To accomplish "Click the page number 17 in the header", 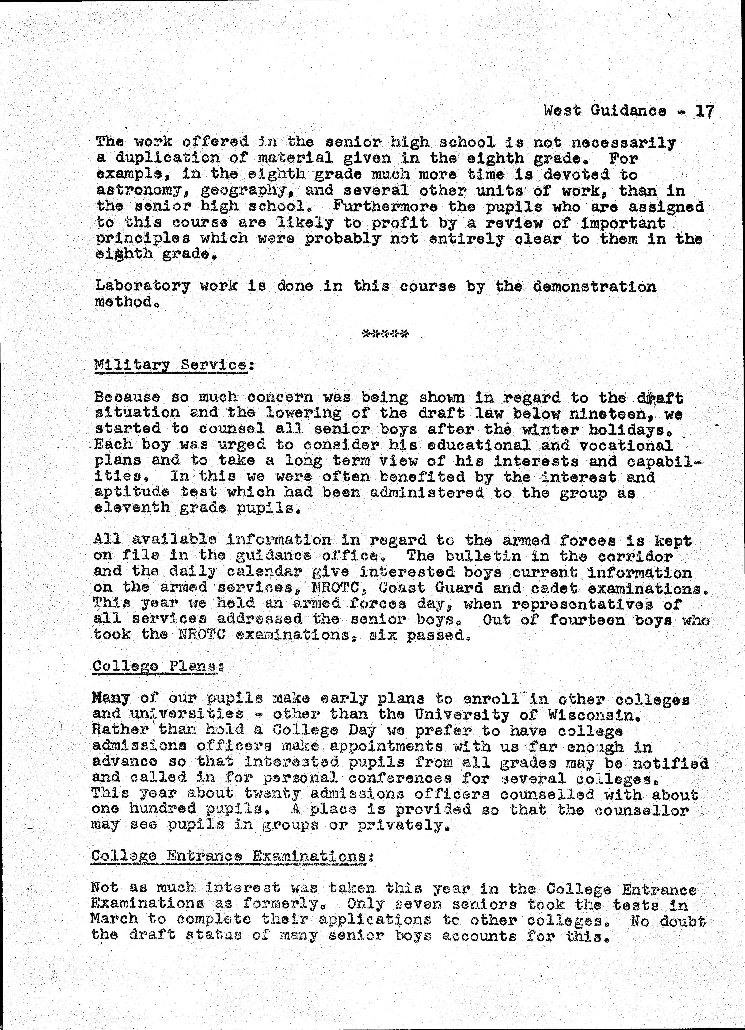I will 705,111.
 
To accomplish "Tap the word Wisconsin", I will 594,715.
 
